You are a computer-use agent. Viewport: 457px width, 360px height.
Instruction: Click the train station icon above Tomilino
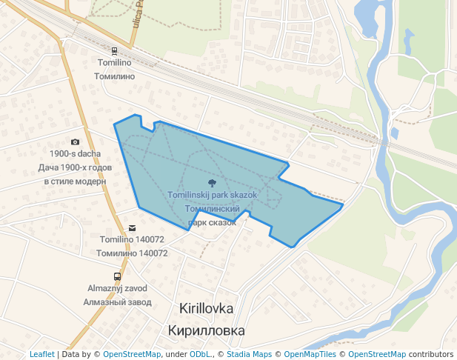click(114, 51)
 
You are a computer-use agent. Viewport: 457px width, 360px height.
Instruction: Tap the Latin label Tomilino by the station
click(114, 64)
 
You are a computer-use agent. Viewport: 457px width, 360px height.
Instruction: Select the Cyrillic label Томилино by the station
click(114, 76)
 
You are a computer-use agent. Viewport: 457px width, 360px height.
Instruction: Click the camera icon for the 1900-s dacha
click(75, 141)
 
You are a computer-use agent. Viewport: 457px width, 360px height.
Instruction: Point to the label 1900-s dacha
click(75, 154)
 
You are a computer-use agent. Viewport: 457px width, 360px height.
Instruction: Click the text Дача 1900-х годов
click(75, 167)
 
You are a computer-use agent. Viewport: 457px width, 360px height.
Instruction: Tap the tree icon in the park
click(212, 181)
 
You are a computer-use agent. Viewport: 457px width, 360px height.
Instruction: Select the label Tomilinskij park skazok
click(212, 195)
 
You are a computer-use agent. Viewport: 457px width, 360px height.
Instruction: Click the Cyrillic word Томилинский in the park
click(212, 209)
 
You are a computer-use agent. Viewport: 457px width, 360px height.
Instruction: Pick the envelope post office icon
click(132, 227)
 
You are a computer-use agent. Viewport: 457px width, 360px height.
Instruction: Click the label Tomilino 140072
click(132, 240)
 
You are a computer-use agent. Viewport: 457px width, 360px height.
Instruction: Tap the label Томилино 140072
click(132, 253)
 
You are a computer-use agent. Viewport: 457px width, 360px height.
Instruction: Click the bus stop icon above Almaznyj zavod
click(117, 276)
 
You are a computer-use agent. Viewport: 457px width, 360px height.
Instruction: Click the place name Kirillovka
click(207, 307)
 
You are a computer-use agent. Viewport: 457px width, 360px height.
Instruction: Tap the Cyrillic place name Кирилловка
click(207, 330)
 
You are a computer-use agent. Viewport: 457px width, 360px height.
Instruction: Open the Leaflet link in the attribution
click(42, 354)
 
